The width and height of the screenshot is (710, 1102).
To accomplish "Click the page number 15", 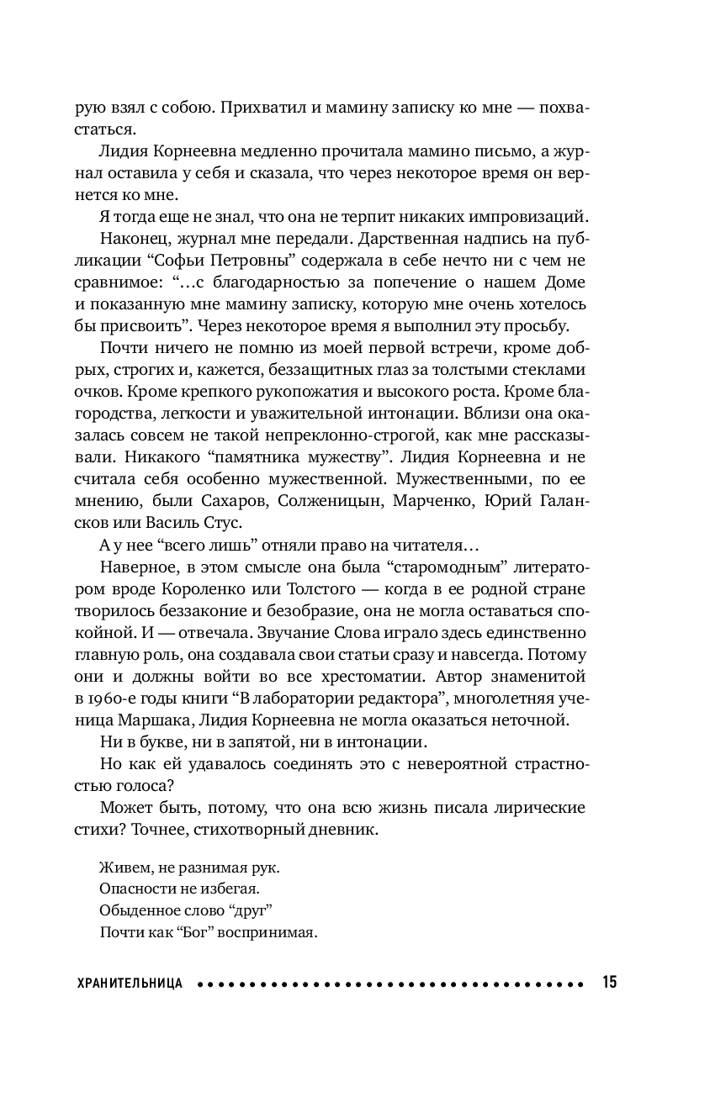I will [609, 982].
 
